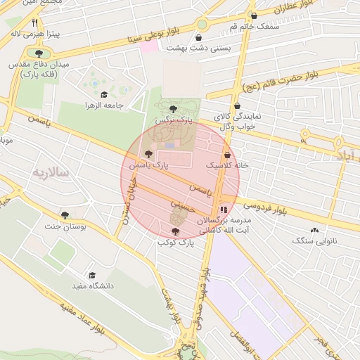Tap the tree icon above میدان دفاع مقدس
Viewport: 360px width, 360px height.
38,53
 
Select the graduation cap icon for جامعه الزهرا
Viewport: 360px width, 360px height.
104,95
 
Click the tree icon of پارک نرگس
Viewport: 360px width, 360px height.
173,108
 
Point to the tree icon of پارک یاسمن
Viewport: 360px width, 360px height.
148,153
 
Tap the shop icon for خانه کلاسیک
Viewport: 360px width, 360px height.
227,155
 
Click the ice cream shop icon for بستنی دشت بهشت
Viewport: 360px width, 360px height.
199,38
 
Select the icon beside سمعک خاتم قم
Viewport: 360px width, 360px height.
254,15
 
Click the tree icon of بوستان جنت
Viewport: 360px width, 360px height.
65,215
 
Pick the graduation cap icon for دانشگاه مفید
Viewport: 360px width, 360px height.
91,275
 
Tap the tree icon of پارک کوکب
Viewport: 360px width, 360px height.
175,231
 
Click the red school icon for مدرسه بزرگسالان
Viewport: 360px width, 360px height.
223,209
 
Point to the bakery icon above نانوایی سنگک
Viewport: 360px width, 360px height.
314,230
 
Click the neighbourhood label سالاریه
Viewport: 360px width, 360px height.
49,172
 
